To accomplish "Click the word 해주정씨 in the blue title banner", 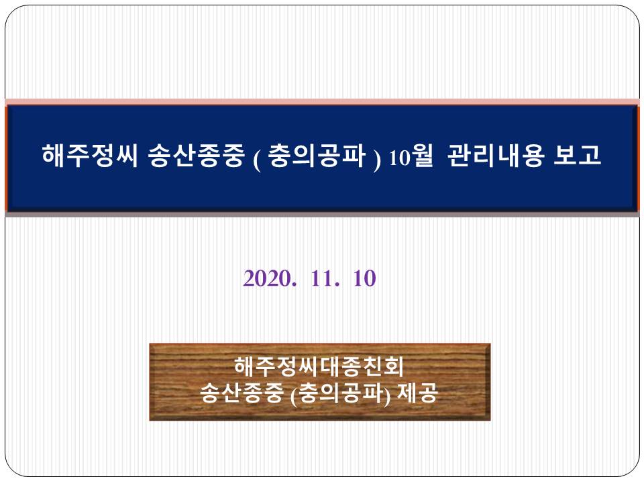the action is (90, 155).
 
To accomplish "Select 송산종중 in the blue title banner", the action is (197, 156).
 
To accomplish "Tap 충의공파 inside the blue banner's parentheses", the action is (317, 156).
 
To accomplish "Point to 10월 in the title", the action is (411, 156).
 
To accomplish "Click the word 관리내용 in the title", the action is (496, 155).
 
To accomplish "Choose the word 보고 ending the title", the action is (578, 155).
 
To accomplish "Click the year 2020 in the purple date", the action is (264, 278).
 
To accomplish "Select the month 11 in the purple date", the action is (321, 278).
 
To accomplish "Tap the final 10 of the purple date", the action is (365, 278).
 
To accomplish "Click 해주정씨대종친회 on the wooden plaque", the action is (319, 366).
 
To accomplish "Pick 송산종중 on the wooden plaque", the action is (242, 392).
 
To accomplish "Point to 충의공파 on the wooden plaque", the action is (341, 392).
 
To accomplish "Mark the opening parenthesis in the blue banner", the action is (257, 160).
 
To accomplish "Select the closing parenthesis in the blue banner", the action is (377, 160).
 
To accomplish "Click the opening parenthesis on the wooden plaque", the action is (293, 395).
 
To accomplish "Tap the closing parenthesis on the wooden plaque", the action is (387, 395).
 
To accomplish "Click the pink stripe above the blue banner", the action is (322, 102).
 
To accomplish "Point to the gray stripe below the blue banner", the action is (322, 215).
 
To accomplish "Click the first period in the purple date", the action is (293, 284).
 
